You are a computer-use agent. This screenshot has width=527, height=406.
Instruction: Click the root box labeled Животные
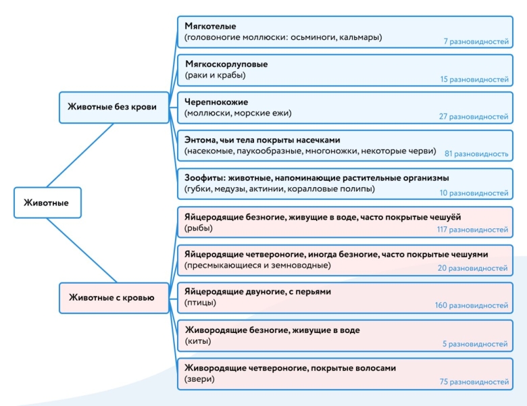[x=47, y=203]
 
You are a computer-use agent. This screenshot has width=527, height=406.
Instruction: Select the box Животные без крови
[x=112, y=107]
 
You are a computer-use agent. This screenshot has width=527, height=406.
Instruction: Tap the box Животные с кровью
[x=112, y=297]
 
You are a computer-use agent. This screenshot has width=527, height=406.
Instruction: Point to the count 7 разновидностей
[x=476, y=41]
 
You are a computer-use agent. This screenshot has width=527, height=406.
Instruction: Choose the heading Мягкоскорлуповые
[x=226, y=64]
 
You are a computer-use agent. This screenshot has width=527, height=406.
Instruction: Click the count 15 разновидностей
[x=474, y=79]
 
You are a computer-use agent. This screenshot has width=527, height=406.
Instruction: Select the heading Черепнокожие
[x=216, y=102]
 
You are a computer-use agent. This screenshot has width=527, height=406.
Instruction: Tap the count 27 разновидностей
[x=474, y=117]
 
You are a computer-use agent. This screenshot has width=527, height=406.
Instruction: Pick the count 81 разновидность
[x=476, y=154]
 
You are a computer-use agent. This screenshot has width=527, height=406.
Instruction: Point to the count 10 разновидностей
[x=474, y=193]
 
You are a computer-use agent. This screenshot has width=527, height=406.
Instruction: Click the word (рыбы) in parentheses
[x=198, y=228]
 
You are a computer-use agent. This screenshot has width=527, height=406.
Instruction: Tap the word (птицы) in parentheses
[x=200, y=303]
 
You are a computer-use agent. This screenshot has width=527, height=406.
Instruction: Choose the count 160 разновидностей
[x=472, y=306]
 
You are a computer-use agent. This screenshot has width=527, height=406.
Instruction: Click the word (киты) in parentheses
[x=198, y=341]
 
